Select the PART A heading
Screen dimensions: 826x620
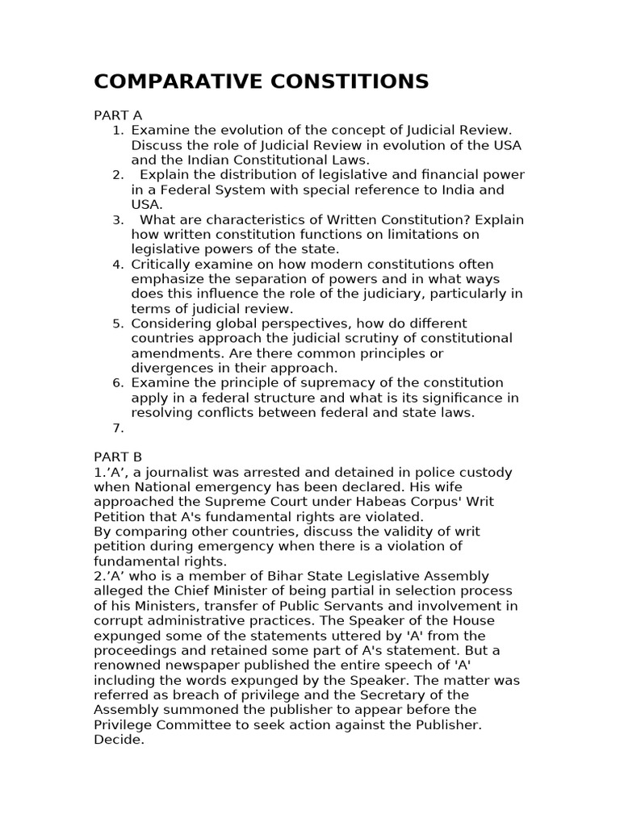(118, 115)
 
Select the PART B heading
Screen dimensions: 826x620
(118, 457)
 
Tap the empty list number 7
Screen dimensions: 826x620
(118, 428)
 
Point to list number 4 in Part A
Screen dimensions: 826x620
(118, 265)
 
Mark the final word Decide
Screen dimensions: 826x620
(119, 740)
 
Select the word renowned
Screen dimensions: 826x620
(128, 665)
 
